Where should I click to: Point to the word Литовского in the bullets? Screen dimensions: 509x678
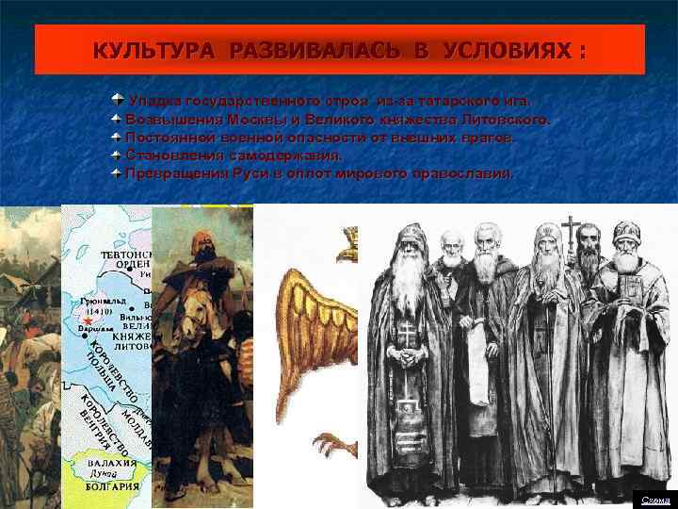point(500,120)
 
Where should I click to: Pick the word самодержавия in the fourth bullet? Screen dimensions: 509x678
point(288,156)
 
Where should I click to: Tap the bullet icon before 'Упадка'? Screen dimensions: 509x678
point(116,100)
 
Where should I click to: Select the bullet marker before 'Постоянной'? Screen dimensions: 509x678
point(116,138)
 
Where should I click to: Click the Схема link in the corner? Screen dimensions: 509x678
point(654,499)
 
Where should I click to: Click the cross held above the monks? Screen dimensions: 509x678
point(570,229)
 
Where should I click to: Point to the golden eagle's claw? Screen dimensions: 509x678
point(330,443)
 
